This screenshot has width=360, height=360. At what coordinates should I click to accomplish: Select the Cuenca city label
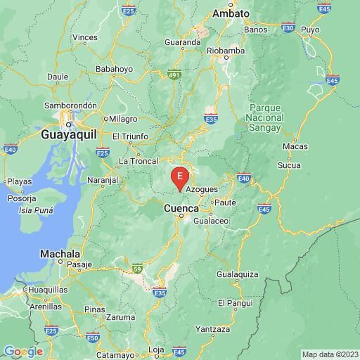[x=183, y=209]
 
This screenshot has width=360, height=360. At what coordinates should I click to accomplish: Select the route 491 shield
[x=176, y=75]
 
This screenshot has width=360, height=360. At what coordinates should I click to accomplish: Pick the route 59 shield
[x=138, y=268]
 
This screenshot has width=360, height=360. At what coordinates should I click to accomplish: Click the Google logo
[x=23, y=352]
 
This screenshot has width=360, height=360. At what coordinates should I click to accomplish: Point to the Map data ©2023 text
[x=329, y=354]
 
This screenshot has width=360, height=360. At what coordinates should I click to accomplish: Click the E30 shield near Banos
[x=288, y=27]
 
